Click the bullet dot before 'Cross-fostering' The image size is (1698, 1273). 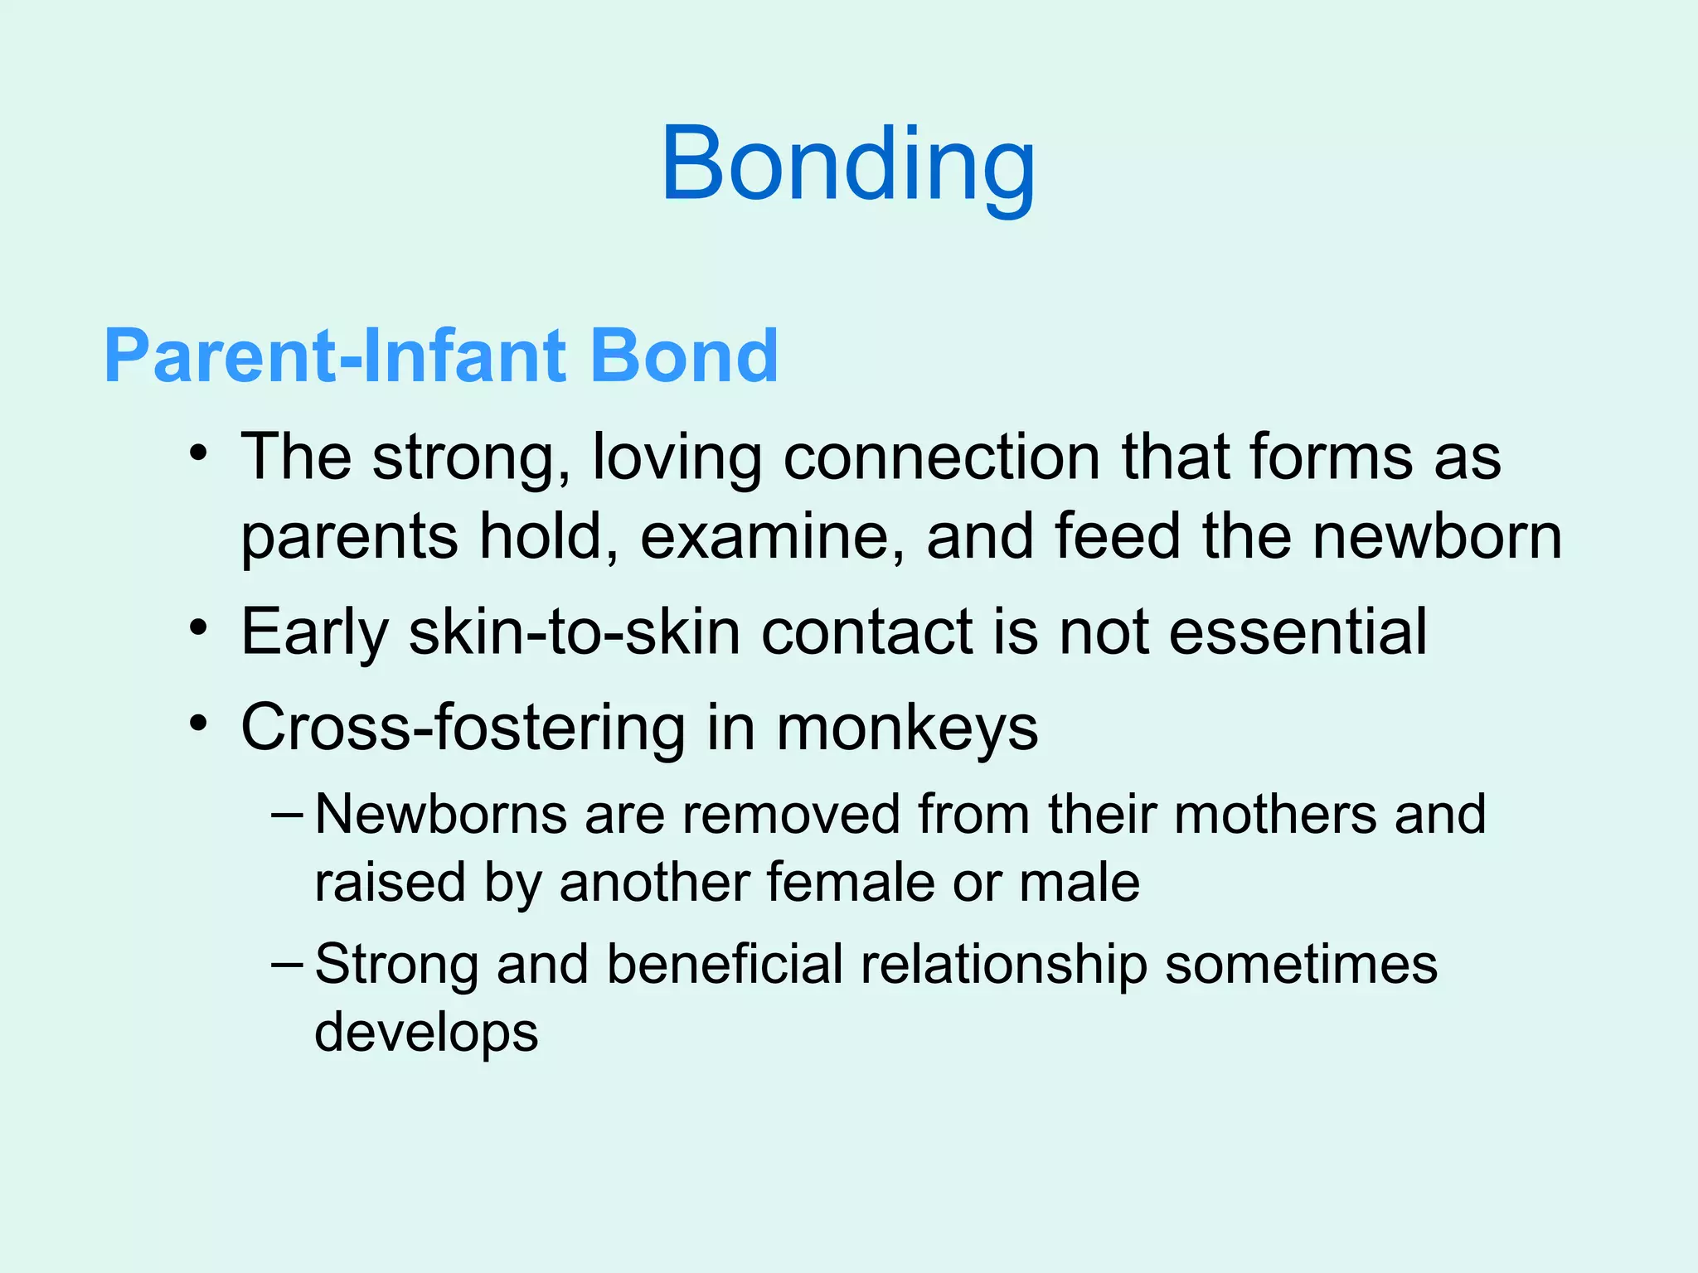[x=197, y=723]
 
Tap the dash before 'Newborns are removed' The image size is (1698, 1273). [x=287, y=814]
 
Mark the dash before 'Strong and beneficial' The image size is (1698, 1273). [x=287, y=964]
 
